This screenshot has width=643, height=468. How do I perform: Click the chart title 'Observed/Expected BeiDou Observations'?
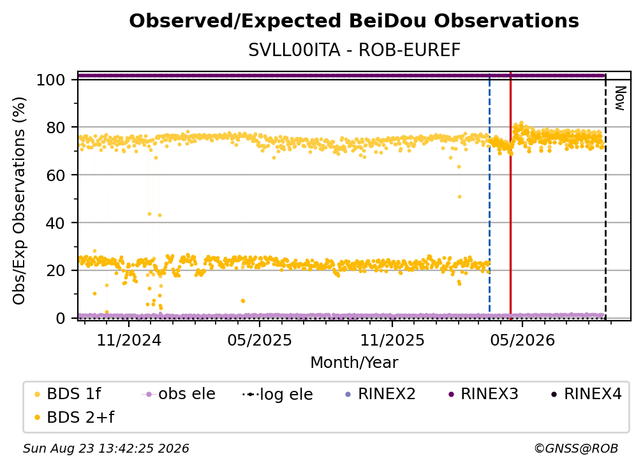[x=354, y=21]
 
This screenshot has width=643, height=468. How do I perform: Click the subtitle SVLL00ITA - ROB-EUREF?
[x=354, y=50]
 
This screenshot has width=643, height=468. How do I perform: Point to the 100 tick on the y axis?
[x=51, y=80]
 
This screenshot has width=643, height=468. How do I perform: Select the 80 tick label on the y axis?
[x=55, y=128]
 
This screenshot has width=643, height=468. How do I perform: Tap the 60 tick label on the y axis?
[x=55, y=175]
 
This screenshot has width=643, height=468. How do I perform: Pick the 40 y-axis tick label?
[x=55, y=223]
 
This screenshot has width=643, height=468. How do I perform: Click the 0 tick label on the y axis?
[x=61, y=318]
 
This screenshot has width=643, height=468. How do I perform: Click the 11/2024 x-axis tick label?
[x=129, y=340]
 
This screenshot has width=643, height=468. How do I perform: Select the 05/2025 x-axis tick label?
[x=259, y=340]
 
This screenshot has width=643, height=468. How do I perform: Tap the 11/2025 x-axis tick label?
[x=392, y=340]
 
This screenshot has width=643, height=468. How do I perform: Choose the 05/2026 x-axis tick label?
[x=522, y=340]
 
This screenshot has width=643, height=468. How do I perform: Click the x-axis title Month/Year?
[x=354, y=363]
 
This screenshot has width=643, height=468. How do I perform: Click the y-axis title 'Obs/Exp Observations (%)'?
[x=19, y=200]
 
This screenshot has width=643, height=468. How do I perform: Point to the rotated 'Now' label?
[x=619, y=98]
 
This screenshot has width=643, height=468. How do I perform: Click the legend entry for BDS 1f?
[x=68, y=394]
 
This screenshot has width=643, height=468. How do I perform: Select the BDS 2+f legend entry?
[x=74, y=418]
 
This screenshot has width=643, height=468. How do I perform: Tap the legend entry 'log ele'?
[x=277, y=394]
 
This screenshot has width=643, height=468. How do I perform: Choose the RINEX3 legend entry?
[x=484, y=394]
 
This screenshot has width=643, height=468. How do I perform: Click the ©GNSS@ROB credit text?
[x=576, y=449]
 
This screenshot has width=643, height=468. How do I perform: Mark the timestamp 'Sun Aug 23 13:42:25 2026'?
[x=106, y=449]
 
